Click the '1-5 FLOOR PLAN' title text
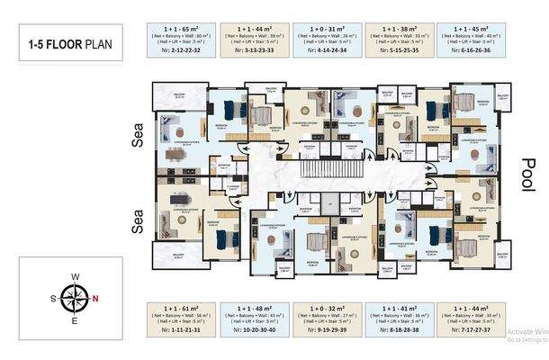coord(69,43)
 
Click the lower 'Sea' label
coord(139,220)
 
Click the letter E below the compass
coord(76,319)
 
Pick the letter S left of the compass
coord(53,297)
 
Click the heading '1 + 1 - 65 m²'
coord(179,29)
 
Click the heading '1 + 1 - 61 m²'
coord(179,307)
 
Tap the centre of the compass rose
coord(76,297)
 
